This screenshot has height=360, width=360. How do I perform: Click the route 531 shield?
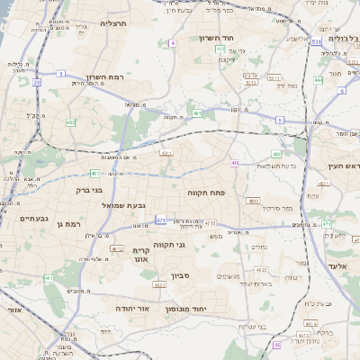click(316, 41)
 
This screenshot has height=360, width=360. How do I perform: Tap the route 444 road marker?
click(318, 80)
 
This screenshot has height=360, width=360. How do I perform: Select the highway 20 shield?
click(37, 82)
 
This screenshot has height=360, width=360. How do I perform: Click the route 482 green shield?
click(70, 122)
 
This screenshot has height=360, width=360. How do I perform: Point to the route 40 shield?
click(234, 163)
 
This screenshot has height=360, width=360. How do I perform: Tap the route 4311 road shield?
click(166, 153)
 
